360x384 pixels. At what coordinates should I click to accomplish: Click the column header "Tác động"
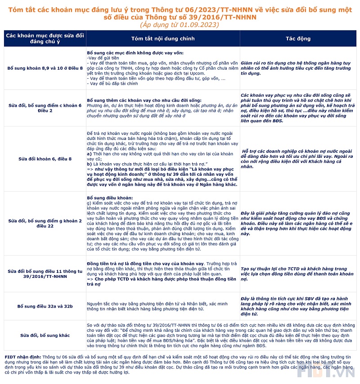[298, 39]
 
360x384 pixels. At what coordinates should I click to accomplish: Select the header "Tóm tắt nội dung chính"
[163, 39]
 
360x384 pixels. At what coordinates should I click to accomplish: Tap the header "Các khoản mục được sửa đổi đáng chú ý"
[45, 39]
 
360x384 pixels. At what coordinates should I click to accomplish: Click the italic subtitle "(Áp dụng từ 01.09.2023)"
[180, 25]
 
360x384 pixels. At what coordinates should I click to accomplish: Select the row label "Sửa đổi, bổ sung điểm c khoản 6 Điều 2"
[45, 108]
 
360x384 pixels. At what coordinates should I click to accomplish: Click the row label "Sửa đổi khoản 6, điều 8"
[45, 159]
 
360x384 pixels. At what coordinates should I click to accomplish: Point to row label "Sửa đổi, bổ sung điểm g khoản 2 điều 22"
[45, 223]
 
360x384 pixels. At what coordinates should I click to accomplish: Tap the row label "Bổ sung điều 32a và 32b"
[45, 306]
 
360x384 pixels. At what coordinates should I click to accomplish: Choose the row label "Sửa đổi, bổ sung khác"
[45, 335]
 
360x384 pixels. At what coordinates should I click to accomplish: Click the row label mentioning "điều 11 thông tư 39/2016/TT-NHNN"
[45, 274]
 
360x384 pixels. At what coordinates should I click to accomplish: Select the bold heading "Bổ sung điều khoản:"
[109, 198]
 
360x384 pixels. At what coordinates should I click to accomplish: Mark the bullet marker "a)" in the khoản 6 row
[89, 154]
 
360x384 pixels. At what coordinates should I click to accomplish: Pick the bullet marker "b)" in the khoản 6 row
[89, 164]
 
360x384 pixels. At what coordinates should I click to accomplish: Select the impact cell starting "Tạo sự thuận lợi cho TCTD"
[297, 271]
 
